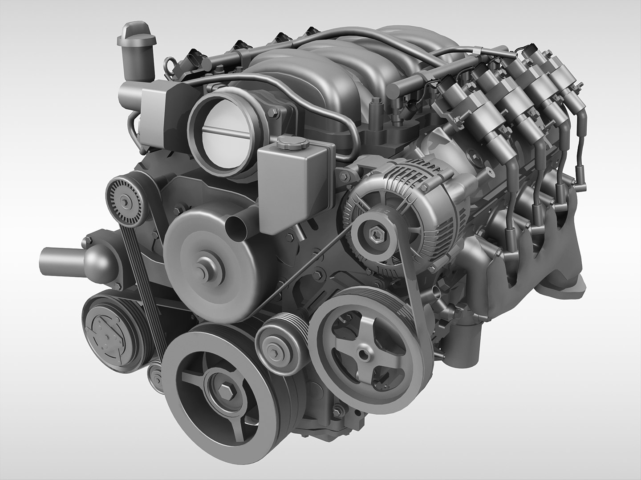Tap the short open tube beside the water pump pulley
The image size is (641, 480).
(236, 224)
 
